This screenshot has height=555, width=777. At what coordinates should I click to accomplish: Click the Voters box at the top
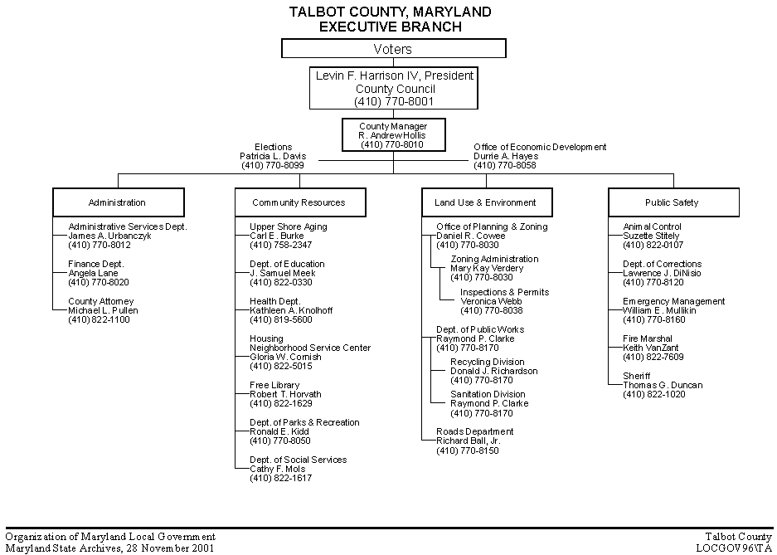pos(393,49)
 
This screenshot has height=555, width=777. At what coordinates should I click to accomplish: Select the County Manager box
pos(393,134)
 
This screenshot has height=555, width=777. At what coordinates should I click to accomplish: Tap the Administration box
pos(117,202)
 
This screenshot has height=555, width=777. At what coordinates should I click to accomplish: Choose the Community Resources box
pos(299,202)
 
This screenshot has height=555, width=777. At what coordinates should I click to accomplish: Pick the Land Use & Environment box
pos(485,202)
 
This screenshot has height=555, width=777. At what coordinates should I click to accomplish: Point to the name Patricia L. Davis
pos(273,156)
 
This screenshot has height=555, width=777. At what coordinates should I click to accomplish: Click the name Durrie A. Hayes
pos(506,156)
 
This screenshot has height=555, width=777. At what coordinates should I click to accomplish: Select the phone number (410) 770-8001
pos(394,101)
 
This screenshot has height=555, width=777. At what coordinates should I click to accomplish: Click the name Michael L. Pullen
pos(103,310)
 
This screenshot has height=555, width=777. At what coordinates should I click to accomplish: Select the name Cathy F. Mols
pos(279,469)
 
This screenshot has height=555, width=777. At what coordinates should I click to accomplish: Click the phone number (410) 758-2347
pos(280,246)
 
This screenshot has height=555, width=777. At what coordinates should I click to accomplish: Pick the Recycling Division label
pos(487,362)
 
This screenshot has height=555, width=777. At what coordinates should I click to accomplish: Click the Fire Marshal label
pos(648,338)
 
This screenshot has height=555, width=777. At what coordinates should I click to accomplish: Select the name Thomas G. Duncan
pos(663,385)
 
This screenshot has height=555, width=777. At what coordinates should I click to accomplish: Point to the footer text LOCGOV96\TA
pos(733,548)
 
